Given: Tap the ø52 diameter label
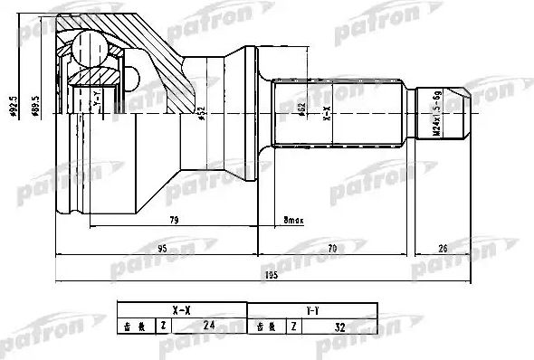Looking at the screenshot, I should pyautogui.click(x=201, y=116).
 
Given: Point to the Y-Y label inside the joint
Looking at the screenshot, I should pyautogui.click(x=97, y=102).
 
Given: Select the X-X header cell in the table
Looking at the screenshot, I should pyautogui.click(x=181, y=309).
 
